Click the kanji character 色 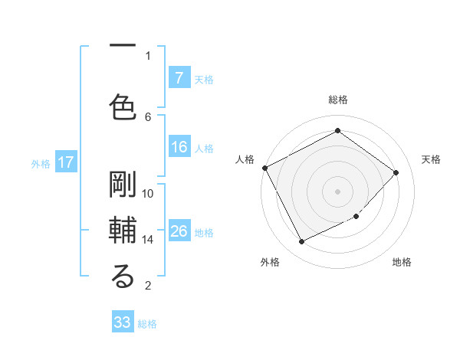(x=123, y=104)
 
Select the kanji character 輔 (x=123, y=231)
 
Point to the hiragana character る (x=123, y=277)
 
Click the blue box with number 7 (x=179, y=77)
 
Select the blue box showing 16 (x=179, y=147)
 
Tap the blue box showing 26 (x=179, y=231)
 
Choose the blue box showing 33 (x=123, y=322)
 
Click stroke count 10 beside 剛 (x=148, y=194)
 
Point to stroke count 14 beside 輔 (x=148, y=239)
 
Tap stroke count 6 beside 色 (x=148, y=116)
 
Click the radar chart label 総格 (x=337, y=100)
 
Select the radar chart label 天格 (x=431, y=159)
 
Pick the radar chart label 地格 (x=402, y=263)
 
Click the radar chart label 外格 (x=270, y=263)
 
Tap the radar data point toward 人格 (x=264, y=168)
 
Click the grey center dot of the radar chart (x=337, y=191)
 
